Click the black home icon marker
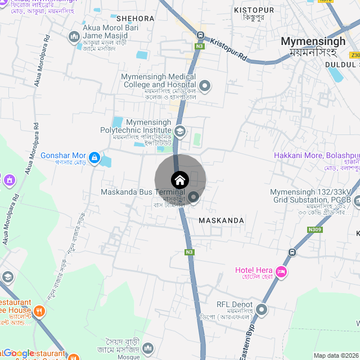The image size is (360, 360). (x=179, y=180)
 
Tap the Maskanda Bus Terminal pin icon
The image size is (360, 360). (x=193, y=197)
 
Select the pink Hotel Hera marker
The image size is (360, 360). (x=281, y=273)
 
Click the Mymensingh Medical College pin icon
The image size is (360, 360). (x=205, y=86)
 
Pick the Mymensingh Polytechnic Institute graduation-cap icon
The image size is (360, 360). (x=180, y=132)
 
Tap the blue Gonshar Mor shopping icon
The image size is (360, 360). (x=94, y=156)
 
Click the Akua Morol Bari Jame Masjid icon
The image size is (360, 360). (x=74, y=37)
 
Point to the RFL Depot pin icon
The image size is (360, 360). (x=262, y=309)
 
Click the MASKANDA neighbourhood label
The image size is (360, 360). (x=222, y=220)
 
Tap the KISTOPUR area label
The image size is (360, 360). (x=254, y=10)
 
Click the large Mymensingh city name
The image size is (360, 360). (x=313, y=41)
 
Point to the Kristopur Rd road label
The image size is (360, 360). (x=229, y=49)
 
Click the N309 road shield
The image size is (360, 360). (x=315, y=229)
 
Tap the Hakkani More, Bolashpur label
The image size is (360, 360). (x=316, y=155)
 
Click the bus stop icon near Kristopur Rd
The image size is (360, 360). (x=200, y=35)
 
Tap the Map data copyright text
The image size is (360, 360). (x=336, y=355)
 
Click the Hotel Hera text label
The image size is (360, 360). (x=254, y=271)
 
